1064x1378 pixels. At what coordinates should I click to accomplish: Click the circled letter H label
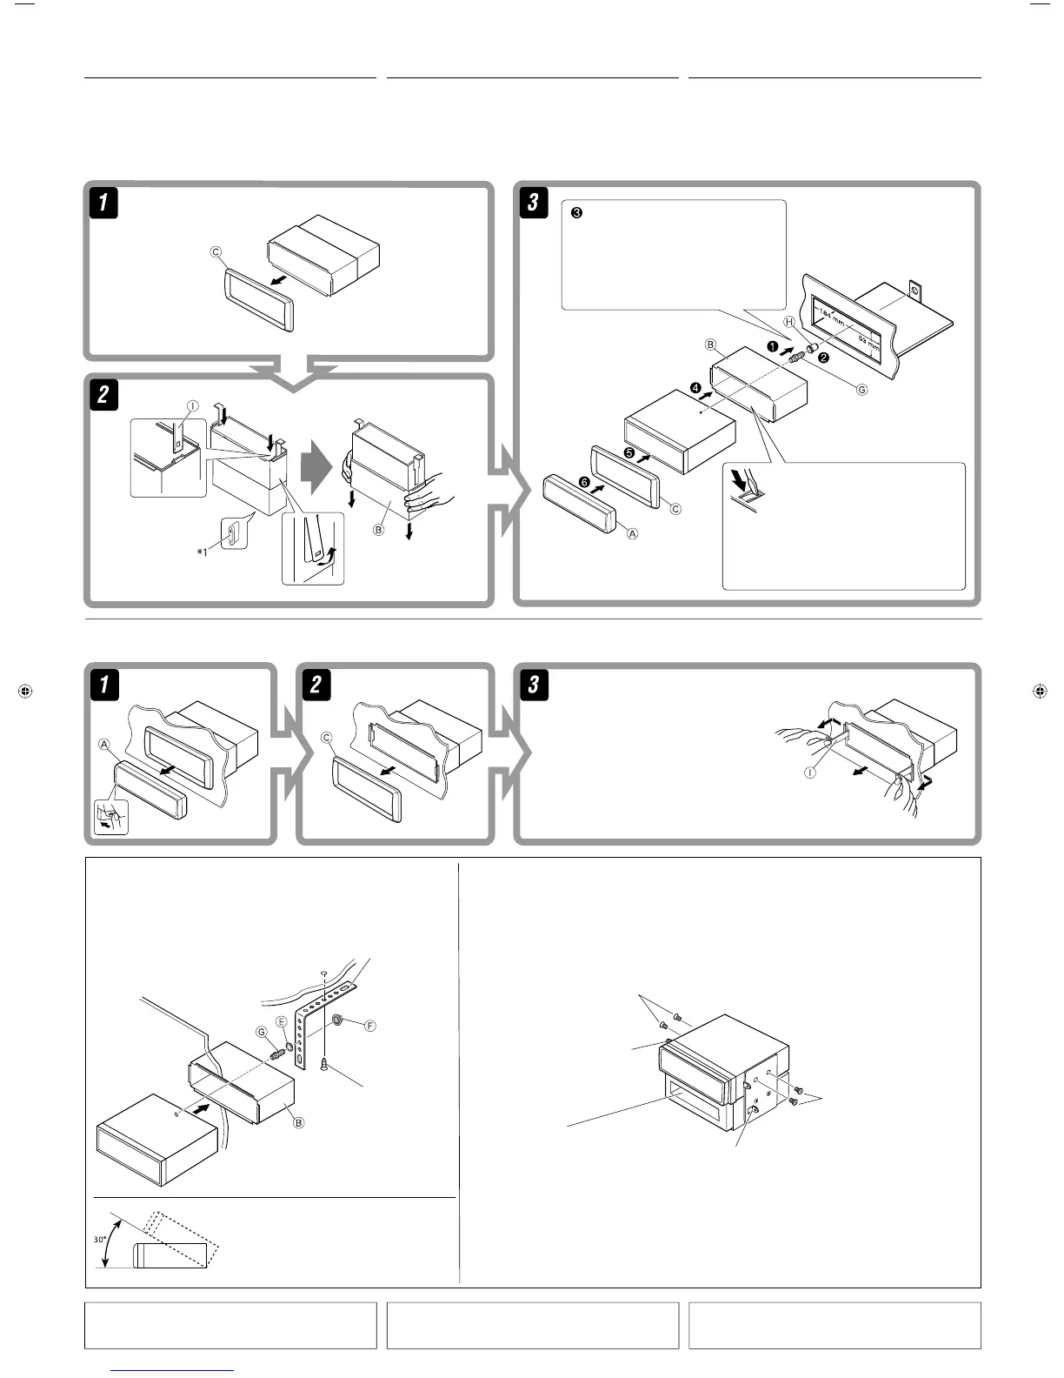pyautogui.click(x=789, y=322)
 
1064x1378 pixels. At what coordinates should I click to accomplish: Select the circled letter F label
pyautogui.click(x=370, y=1026)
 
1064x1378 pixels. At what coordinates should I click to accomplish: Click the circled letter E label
pyautogui.click(x=282, y=1021)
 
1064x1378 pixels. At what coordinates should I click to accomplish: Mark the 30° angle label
pyautogui.click(x=101, y=1241)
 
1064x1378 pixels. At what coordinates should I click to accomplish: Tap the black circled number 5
pyautogui.click(x=628, y=452)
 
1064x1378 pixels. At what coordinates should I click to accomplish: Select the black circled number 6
pyautogui.click(x=584, y=482)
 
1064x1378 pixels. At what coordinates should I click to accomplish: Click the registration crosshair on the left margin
pyautogui.click(x=24, y=692)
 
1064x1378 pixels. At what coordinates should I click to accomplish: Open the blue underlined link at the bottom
pyautogui.click(x=173, y=1370)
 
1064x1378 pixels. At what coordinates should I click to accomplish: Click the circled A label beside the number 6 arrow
pyautogui.click(x=633, y=533)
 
